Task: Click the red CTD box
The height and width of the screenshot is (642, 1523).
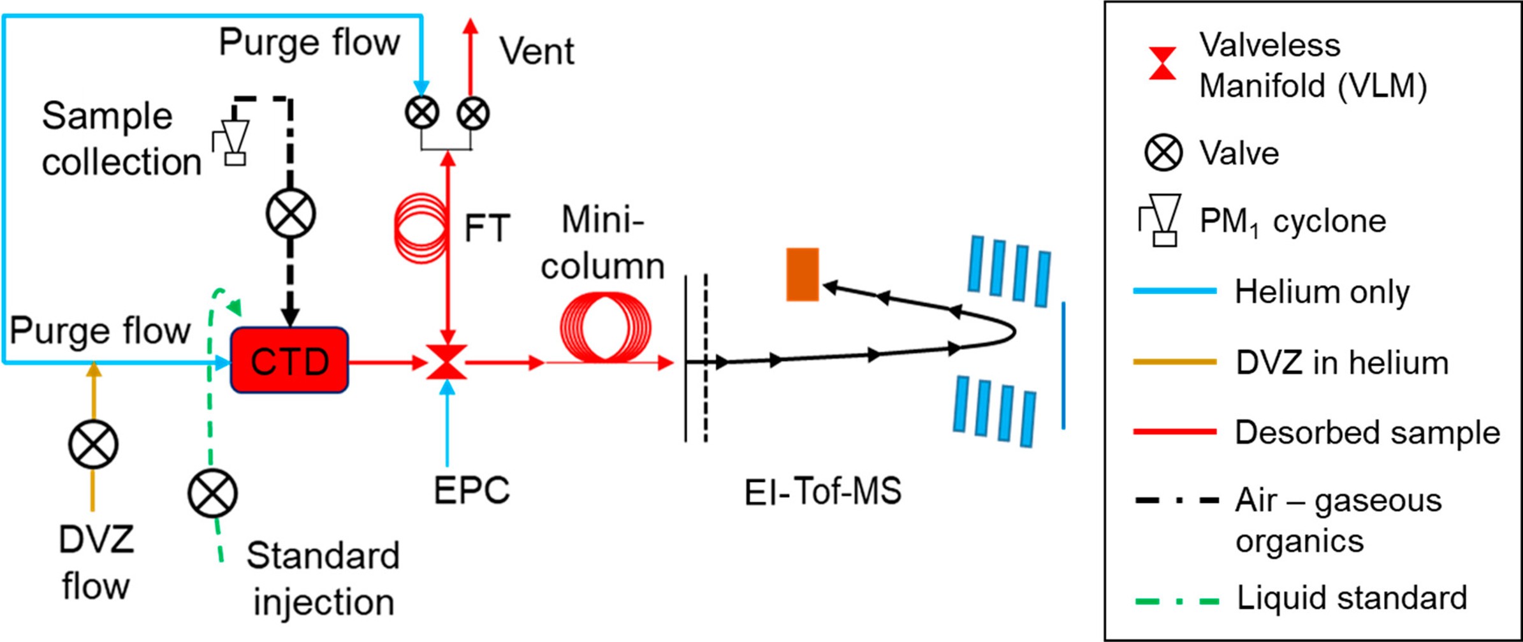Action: (x=289, y=360)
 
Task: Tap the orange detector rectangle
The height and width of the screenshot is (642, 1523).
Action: (x=802, y=274)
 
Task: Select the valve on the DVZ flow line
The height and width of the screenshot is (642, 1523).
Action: (x=93, y=444)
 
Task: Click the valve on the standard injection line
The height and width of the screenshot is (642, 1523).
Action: (x=212, y=493)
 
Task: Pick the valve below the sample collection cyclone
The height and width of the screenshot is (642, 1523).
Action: (x=291, y=213)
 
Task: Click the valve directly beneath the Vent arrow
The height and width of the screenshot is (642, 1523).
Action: (x=473, y=113)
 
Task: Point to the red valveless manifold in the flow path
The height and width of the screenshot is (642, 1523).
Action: (x=447, y=363)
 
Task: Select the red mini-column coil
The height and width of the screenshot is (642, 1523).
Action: (x=605, y=328)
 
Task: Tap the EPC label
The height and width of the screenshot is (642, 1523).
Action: (x=472, y=490)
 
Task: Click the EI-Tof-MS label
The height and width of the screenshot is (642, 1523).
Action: (x=822, y=492)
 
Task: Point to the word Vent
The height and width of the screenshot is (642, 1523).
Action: (x=536, y=51)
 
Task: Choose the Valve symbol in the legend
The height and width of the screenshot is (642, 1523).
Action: (x=1163, y=153)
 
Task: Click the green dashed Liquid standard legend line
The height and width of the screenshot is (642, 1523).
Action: (x=1177, y=601)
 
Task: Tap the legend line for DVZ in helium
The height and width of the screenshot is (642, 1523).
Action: (x=1174, y=362)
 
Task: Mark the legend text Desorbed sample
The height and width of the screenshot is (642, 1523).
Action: (x=1367, y=432)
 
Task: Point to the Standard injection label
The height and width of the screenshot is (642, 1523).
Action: (x=323, y=578)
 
